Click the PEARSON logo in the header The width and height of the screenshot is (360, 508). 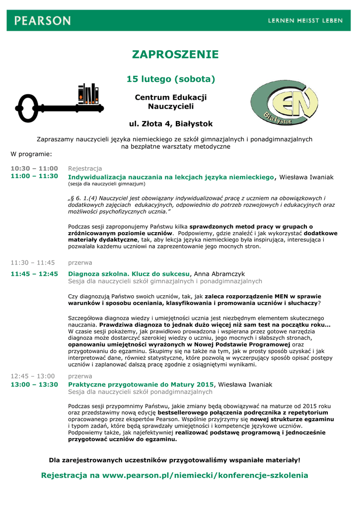click(x=43, y=21)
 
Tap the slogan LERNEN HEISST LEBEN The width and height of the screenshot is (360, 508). click(x=305, y=21)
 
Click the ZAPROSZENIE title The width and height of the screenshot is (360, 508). click(x=175, y=55)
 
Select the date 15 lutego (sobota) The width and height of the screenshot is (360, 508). click(x=171, y=79)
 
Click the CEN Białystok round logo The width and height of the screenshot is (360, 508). click(x=284, y=103)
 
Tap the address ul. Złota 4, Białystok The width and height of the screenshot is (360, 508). click(x=171, y=124)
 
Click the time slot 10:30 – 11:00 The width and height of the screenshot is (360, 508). click(x=34, y=168)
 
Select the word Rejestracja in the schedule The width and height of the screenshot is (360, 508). click(x=85, y=168)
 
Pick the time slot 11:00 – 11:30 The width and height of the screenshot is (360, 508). click(x=34, y=176)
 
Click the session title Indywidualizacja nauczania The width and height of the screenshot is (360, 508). click(x=171, y=177)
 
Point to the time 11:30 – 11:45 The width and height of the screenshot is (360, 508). click(x=33, y=262)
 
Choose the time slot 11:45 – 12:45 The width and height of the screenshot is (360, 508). click(x=34, y=273)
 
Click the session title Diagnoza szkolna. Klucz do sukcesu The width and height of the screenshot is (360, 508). click(x=129, y=273)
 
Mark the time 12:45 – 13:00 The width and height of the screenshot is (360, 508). click(x=33, y=376)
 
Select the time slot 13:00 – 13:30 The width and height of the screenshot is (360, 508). click(x=34, y=384)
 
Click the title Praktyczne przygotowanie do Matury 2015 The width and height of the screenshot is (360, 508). click(x=141, y=384)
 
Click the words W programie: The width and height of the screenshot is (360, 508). click(x=31, y=154)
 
